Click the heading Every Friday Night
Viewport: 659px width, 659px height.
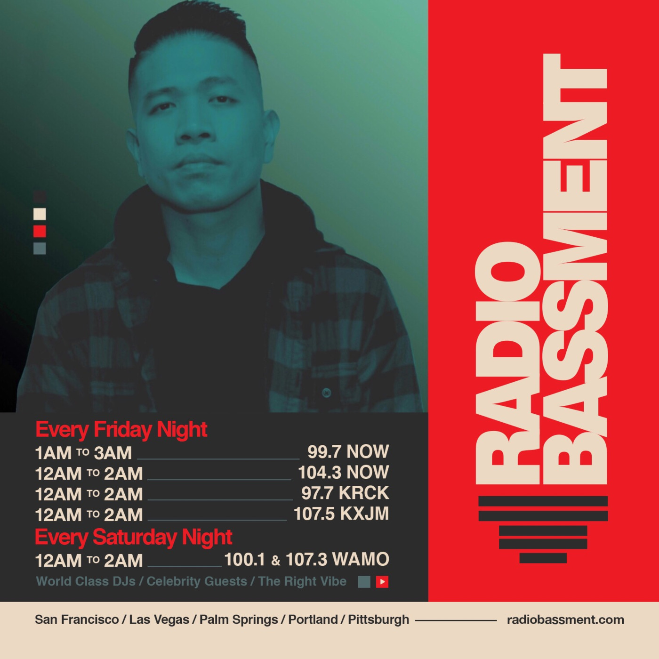click(x=121, y=430)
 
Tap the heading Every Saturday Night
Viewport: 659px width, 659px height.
click(x=134, y=537)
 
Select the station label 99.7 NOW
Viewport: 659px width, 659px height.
click(x=348, y=452)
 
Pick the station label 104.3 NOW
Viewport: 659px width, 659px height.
click(x=343, y=472)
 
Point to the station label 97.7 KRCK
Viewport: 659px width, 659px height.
click(x=345, y=493)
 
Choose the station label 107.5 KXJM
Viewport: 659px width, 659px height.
click(x=341, y=514)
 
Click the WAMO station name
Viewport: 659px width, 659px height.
click(x=361, y=559)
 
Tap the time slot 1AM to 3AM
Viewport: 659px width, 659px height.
click(x=83, y=453)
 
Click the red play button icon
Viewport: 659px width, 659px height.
click(x=382, y=582)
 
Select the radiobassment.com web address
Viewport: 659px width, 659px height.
click(x=566, y=619)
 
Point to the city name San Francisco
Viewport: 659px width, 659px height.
click(x=77, y=619)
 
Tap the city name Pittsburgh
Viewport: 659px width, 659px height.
click(x=378, y=619)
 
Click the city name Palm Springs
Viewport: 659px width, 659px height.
click(x=239, y=620)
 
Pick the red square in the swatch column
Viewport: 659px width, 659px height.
click(x=40, y=231)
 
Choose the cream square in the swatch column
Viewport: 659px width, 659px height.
click(x=40, y=214)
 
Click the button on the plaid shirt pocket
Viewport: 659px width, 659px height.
click(x=327, y=392)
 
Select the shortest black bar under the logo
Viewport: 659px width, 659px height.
click(x=543, y=558)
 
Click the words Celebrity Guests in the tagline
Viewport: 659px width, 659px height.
click(x=197, y=581)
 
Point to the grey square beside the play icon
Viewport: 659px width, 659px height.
click(x=364, y=582)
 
